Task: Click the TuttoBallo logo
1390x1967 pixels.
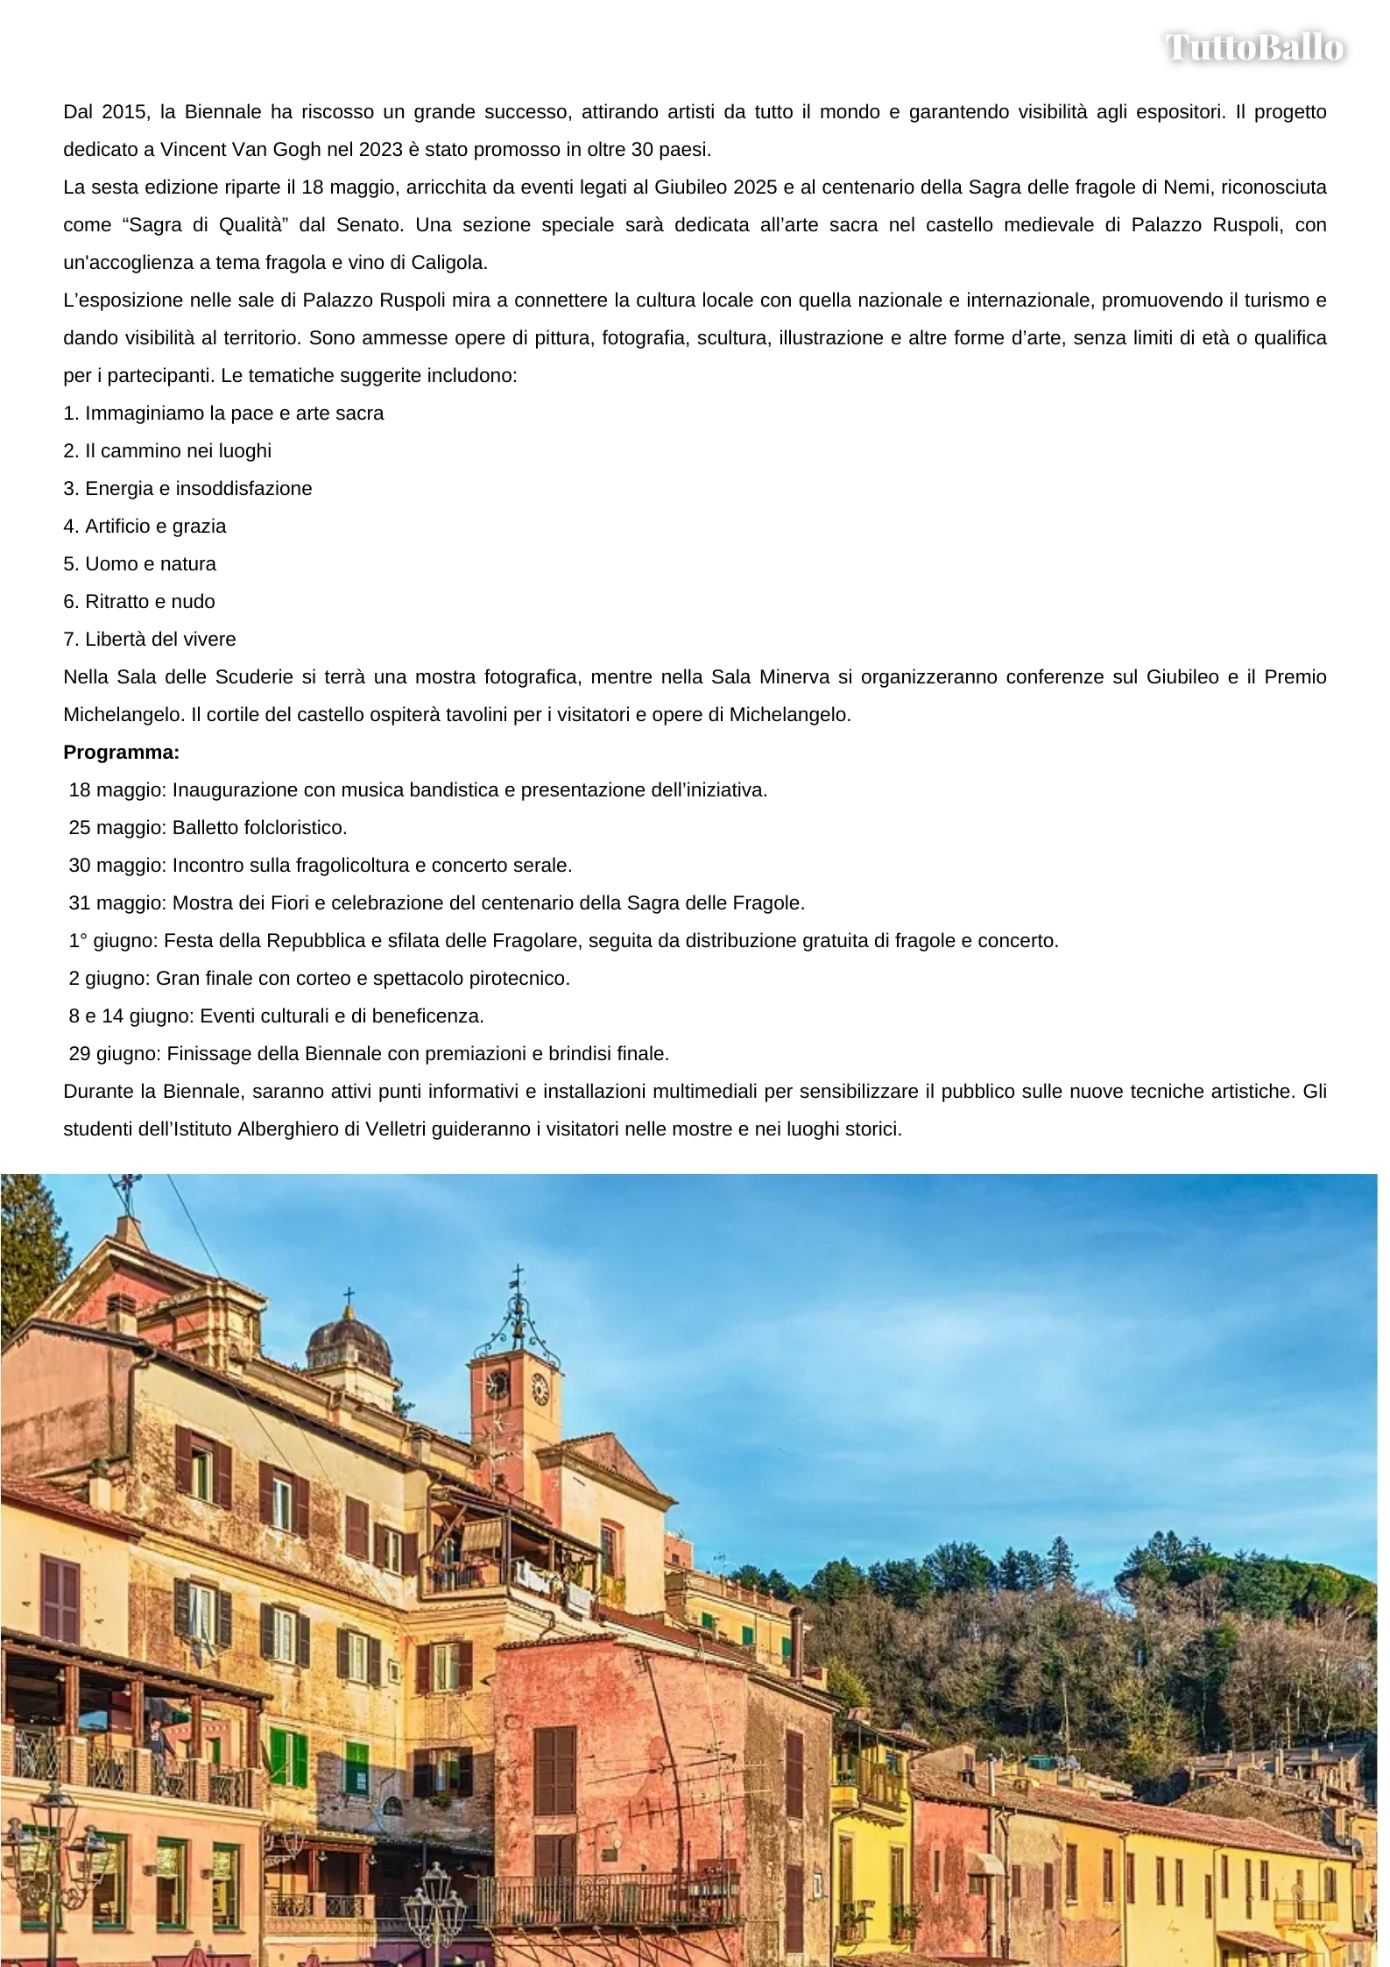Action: pos(1254,47)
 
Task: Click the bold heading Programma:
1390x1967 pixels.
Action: pos(121,753)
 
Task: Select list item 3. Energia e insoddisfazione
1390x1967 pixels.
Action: pos(187,489)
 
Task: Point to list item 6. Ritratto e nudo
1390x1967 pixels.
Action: pos(139,602)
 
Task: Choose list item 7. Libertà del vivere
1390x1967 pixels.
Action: pos(150,640)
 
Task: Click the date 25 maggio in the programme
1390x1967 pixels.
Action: pos(116,828)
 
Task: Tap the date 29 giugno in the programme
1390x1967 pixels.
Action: pos(114,1054)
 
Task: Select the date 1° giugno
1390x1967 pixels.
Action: pos(113,941)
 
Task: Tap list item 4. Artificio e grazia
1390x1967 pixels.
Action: pos(145,527)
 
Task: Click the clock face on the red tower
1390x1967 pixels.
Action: pos(539,1389)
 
